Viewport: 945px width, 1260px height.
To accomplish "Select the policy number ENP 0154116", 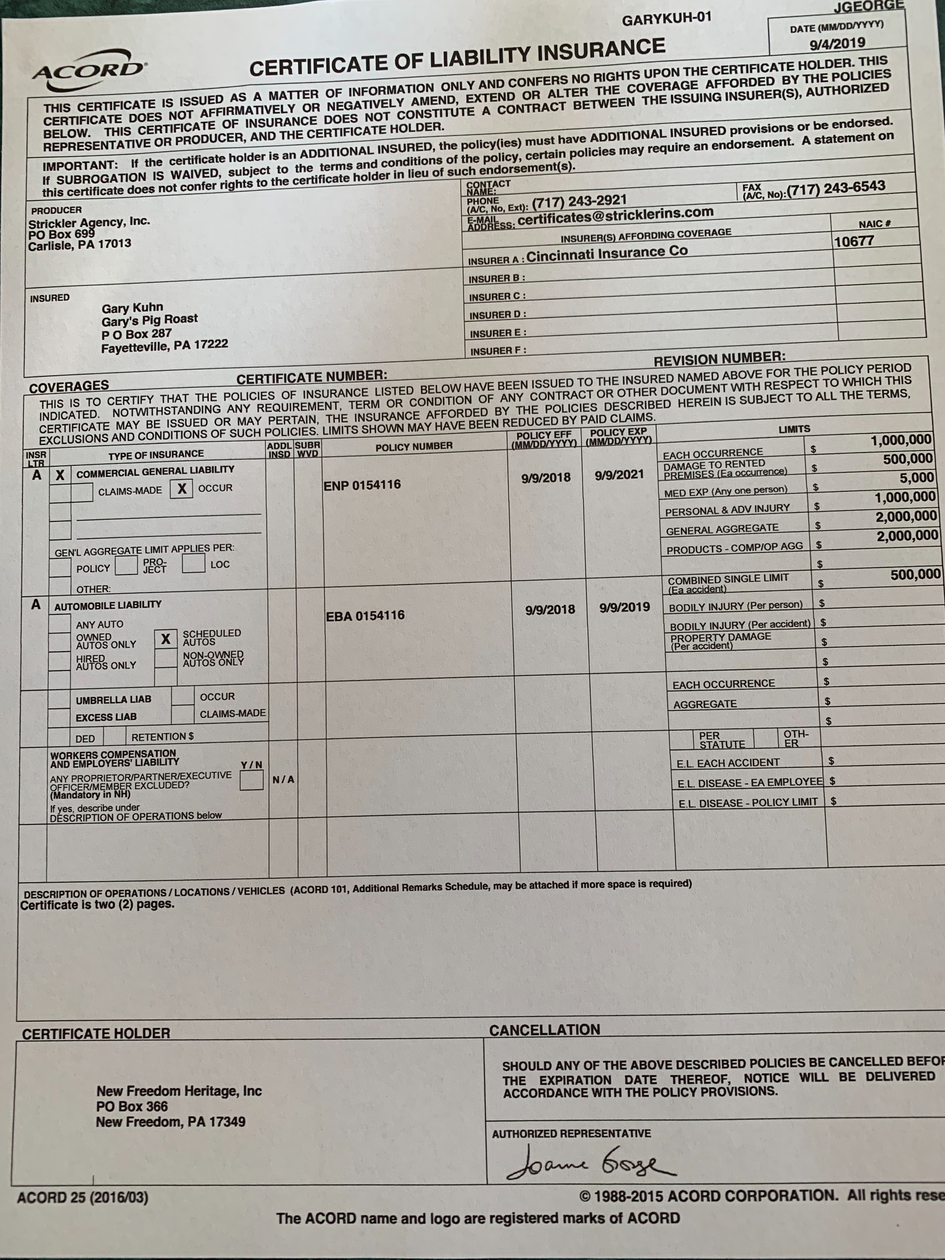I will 362,485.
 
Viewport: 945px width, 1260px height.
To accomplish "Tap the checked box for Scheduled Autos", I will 165,639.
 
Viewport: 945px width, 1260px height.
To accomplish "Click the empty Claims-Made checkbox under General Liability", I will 81,492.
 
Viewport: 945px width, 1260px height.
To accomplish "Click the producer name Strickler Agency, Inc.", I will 89,223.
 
